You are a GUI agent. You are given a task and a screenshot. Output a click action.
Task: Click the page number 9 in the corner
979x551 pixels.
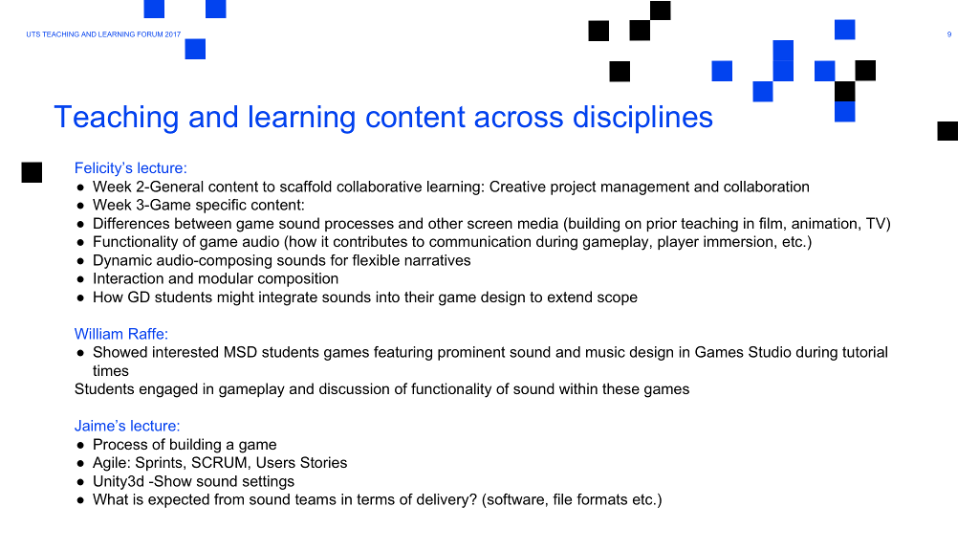point(949,34)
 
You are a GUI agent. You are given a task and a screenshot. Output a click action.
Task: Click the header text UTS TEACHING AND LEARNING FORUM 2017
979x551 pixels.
point(103,34)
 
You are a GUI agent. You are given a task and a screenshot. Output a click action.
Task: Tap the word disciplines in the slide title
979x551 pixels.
point(642,117)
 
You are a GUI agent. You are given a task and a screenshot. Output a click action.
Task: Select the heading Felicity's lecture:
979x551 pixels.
point(130,168)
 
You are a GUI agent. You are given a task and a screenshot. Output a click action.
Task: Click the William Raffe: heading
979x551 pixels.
point(121,334)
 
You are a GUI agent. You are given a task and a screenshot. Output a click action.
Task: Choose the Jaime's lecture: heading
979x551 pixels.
point(127,426)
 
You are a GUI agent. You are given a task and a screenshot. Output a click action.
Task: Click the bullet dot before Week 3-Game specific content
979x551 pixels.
point(80,206)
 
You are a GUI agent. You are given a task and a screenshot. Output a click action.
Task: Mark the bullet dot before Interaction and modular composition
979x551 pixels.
point(80,279)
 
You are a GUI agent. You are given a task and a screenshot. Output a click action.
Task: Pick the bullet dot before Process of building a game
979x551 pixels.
point(80,446)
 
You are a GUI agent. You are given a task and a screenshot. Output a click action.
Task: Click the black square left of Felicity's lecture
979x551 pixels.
point(32,172)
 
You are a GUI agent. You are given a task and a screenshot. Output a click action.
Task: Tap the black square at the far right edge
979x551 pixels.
point(947,131)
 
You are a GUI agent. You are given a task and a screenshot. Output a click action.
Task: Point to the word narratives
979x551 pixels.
point(440,260)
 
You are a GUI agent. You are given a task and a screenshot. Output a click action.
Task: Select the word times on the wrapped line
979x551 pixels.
point(111,370)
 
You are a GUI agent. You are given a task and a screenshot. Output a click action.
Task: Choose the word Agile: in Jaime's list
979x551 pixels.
point(112,463)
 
